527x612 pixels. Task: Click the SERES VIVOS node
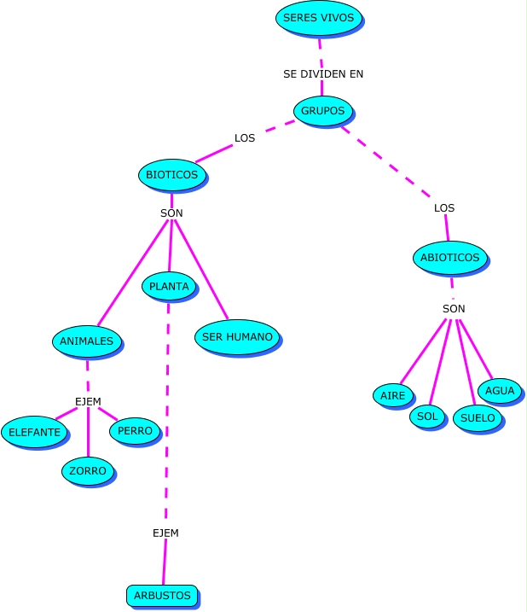coord(319,18)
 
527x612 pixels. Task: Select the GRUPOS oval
coord(322,111)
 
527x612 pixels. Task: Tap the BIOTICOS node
coord(171,175)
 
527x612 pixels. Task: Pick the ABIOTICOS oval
coord(449,257)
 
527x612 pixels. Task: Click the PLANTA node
coord(169,286)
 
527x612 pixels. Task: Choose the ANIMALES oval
coord(86,341)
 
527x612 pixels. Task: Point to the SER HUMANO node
coord(237,337)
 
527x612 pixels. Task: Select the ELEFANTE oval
coord(35,432)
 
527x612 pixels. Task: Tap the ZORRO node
coord(88,470)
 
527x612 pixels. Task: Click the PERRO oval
coord(135,431)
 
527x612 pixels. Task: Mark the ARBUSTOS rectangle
coord(162,595)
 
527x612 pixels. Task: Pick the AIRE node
coord(392,395)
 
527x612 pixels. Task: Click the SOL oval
coord(427,417)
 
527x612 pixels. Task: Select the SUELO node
coord(477,418)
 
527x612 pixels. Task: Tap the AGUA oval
coord(500,391)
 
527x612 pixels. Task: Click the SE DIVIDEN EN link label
coord(323,74)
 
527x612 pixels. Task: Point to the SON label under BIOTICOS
coord(171,213)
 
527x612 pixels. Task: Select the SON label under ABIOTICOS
coord(454,308)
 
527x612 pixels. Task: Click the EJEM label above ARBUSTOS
coord(165,533)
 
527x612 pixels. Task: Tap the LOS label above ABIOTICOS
coord(444,208)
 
